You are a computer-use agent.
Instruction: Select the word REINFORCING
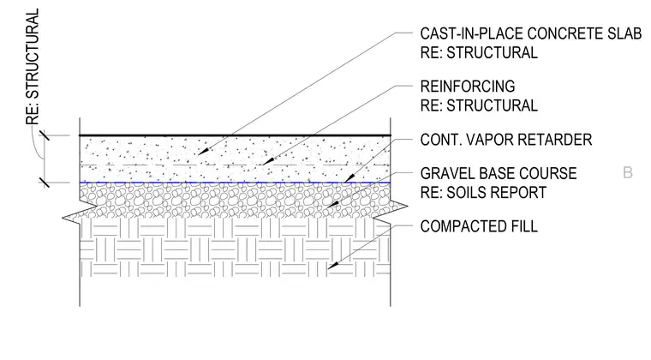click(x=468, y=87)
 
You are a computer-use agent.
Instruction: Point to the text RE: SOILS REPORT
click(x=483, y=192)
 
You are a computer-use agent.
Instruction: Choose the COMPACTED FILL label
click(x=479, y=226)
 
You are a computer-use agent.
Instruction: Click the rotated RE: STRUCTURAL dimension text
click(x=33, y=67)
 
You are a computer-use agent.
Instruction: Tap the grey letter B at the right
click(x=628, y=172)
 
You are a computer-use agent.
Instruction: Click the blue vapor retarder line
click(x=235, y=183)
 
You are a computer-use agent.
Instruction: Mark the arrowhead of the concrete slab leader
click(x=203, y=152)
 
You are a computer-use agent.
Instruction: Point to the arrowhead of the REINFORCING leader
click(x=268, y=161)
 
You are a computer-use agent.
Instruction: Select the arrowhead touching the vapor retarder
click(x=349, y=178)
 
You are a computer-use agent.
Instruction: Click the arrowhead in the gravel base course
click(x=332, y=204)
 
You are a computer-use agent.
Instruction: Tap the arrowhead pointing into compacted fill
click(x=333, y=266)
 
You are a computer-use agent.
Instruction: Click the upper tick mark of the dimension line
click(x=45, y=135)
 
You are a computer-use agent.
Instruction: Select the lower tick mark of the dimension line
click(x=45, y=183)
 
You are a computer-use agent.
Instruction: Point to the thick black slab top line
click(x=235, y=135)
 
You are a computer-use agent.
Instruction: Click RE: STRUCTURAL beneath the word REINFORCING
click(x=479, y=105)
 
